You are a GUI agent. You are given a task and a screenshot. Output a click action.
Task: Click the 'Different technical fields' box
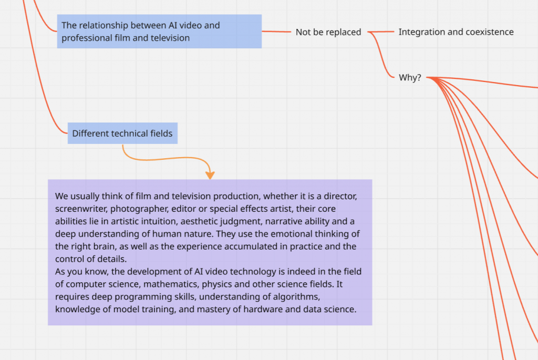pos(122,133)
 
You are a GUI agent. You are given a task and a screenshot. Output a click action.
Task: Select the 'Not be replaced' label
pos(328,32)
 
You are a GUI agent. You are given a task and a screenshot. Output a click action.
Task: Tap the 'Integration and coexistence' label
pos(456,32)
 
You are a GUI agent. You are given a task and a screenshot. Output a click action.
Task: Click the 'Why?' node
pos(410,78)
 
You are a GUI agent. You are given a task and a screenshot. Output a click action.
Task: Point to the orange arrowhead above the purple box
pos(210,175)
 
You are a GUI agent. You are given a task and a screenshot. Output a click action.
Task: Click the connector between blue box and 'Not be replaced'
pos(276,32)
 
